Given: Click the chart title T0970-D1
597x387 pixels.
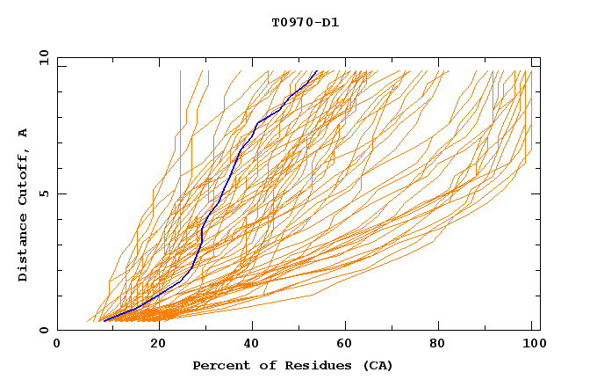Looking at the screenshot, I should pyautogui.click(x=305, y=23).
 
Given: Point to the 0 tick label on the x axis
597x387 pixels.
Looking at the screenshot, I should pyautogui.click(x=57, y=344).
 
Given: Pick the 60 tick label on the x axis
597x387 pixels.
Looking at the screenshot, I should pyautogui.click(x=343, y=344).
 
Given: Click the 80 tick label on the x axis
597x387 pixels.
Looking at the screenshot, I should pyautogui.click(x=438, y=344).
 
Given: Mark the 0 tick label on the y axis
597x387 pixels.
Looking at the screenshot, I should pyautogui.click(x=43, y=330).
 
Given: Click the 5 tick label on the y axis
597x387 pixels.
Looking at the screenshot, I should pyautogui.click(x=43, y=193).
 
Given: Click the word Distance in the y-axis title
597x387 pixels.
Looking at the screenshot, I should pyautogui.click(x=24, y=250).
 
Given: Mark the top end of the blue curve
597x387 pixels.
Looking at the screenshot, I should pyautogui.click(x=317, y=71).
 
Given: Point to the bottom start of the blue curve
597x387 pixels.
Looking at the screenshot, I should pyautogui.click(x=104, y=321).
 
